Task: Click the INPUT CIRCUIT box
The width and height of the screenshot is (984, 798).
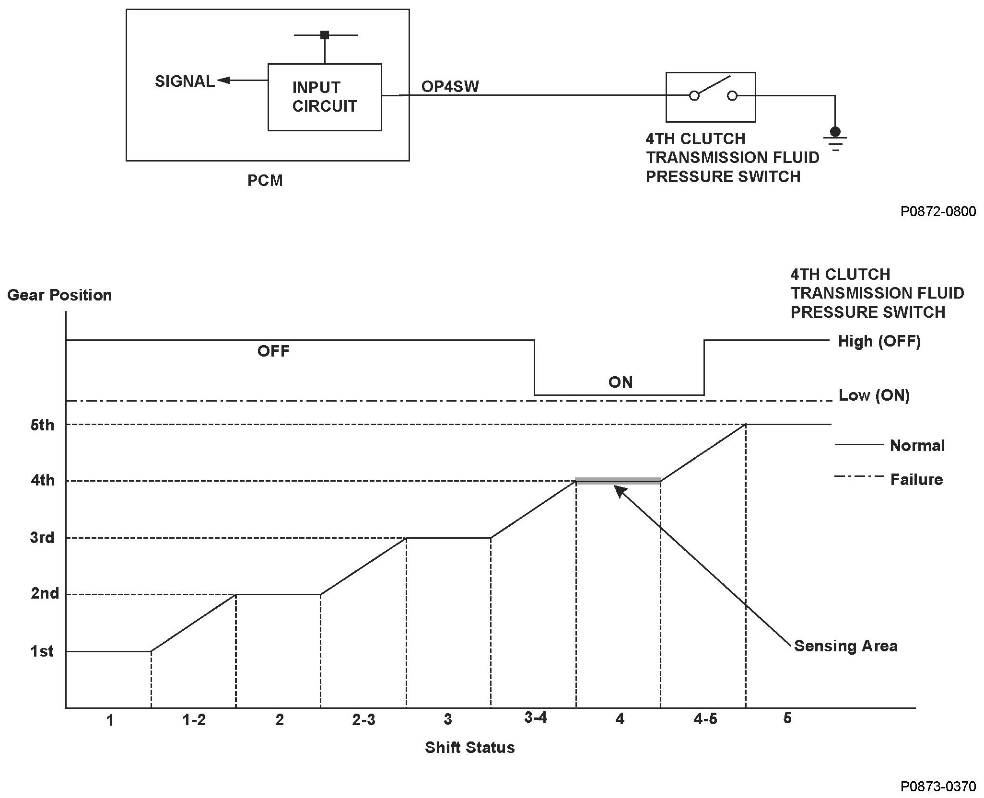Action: (324, 97)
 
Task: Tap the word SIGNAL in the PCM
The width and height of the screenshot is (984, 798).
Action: (185, 81)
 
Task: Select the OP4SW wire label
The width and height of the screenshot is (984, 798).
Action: (450, 86)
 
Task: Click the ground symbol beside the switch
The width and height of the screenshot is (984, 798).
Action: (835, 138)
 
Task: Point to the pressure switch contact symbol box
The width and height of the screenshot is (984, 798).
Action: (710, 97)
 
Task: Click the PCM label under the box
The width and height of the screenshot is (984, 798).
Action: (265, 181)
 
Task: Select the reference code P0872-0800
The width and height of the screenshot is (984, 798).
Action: (937, 211)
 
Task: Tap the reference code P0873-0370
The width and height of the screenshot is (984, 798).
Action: (937, 786)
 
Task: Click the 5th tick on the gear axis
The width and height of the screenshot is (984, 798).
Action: (42, 425)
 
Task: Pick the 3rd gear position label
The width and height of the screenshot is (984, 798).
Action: (42, 538)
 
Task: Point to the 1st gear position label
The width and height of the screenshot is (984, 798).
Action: (42, 651)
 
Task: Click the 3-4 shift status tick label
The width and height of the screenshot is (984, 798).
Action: (535, 717)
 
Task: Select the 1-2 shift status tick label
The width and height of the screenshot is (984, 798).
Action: (194, 719)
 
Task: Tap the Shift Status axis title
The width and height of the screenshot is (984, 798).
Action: (469, 747)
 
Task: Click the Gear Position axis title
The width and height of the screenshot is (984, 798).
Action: (59, 295)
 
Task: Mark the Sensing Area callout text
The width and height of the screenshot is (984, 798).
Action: (845, 646)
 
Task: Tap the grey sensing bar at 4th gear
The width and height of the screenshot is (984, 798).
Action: (618, 481)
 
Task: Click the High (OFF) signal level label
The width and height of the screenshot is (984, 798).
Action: (879, 341)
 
